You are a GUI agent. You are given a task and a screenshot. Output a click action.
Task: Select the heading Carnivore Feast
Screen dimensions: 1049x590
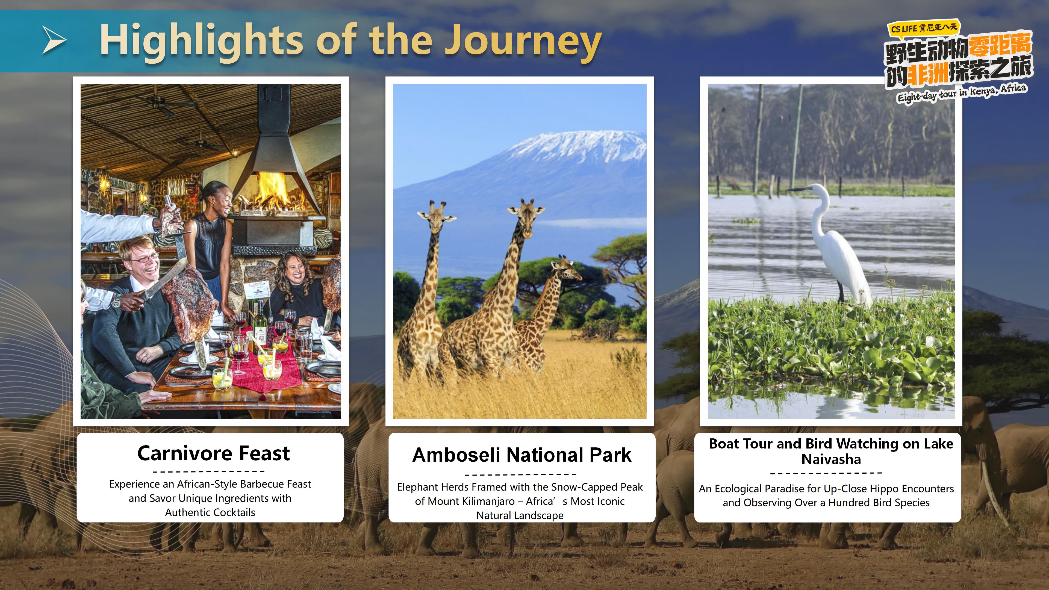tap(213, 453)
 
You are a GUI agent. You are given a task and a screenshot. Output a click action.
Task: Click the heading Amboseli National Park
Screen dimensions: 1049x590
tap(522, 455)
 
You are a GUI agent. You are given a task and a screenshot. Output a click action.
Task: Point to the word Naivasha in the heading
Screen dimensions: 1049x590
tap(831, 459)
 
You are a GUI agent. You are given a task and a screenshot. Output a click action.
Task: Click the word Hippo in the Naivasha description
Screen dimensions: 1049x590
tap(882, 489)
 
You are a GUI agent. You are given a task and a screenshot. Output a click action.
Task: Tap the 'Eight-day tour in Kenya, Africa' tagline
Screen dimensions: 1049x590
tap(962, 93)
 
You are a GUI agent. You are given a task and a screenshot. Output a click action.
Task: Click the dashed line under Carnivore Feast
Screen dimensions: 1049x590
tap(209, 471)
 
